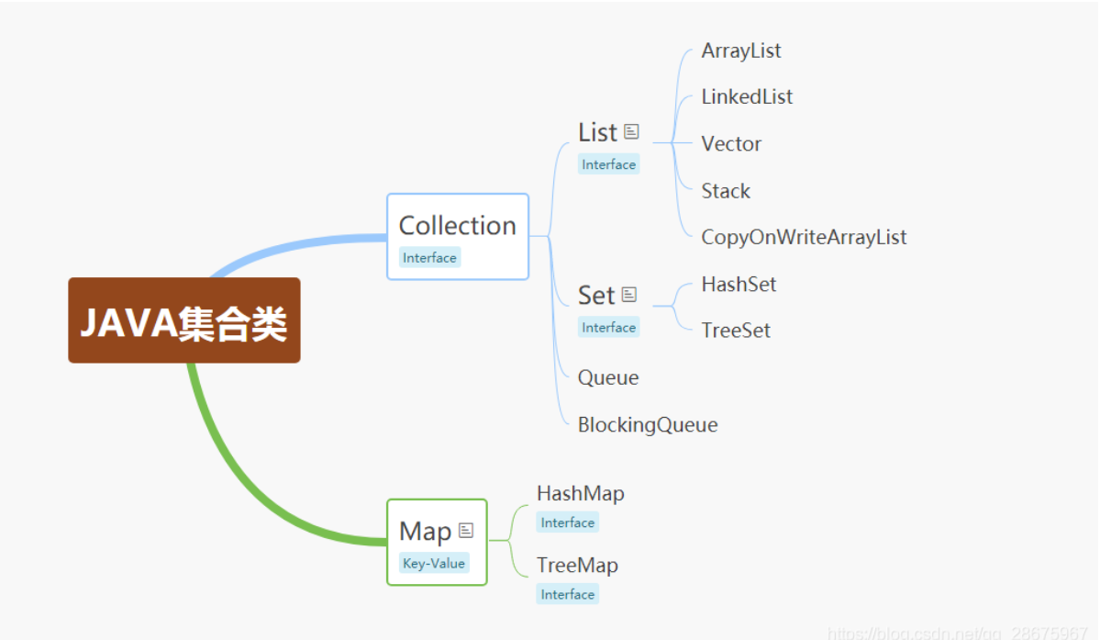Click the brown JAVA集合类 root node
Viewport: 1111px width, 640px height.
coord(183,320)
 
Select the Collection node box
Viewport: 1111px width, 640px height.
coord(458,236)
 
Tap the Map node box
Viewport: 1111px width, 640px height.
coord(436,542)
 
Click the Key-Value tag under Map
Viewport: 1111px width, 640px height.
coord(434,564)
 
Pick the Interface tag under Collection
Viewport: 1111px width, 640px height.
coord(429,258)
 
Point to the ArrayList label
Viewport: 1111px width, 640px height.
coord(741,51)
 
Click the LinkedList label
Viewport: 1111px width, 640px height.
coord(747,96)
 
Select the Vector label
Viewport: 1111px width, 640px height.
coord(731,144)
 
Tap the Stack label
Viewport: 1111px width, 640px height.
coord(726,191)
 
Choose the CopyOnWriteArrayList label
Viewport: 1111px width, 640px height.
coord(804,237)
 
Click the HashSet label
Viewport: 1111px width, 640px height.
coord(739,285)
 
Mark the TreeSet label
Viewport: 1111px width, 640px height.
coord(736,331)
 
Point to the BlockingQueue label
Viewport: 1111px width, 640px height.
coord(648,424)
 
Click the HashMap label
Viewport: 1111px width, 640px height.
coord(581,493)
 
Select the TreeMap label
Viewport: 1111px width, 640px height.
coord(577,565)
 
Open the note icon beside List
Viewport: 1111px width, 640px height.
coord(631,131)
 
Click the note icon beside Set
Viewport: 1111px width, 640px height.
coord(629,294)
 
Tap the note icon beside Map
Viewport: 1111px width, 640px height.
coord(466,530)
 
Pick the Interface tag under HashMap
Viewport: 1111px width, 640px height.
coord(568,522)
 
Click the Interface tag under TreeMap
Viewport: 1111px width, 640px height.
coord(568,594)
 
